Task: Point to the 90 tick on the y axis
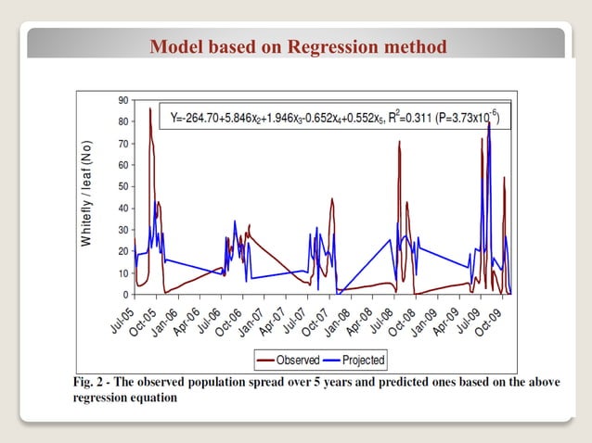pyautogui.click(x=123, y=99)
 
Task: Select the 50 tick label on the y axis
pyautogui.click(x=123, y=186)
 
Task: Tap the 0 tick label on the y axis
pyautogui.click(x=126, y=295)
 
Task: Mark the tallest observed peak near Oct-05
pyautogui.click(x=150, y=109)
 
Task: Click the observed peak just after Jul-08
pyautogui.click(x=399, y=142)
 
